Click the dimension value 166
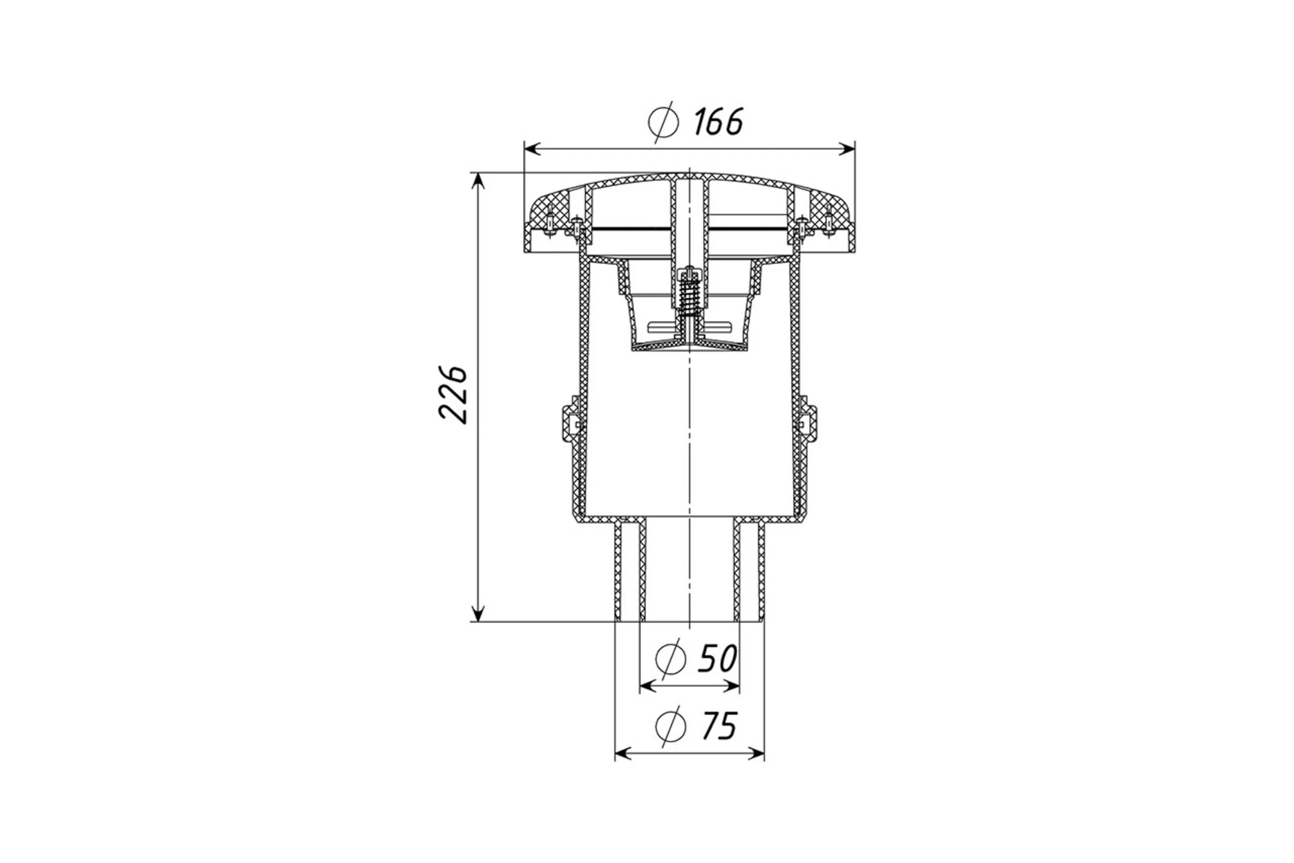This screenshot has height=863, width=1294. click(718, 122)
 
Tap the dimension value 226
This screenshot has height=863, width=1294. click(453, 395)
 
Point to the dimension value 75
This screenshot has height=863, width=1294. click(718, 726)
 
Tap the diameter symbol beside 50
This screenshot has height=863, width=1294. click(671, 658)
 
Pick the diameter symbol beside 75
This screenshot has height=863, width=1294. click(671, 727)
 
